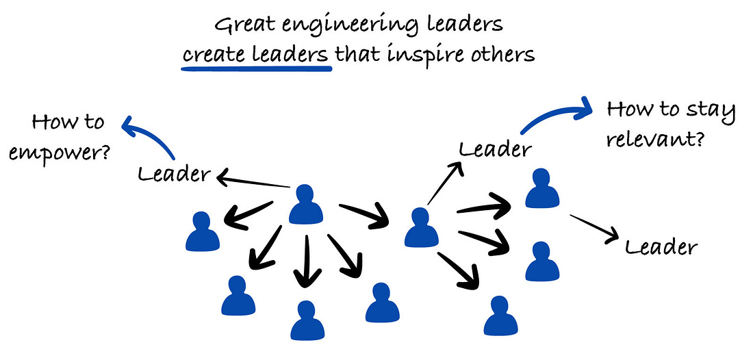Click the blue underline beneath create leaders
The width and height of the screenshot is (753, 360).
tap(257, 68)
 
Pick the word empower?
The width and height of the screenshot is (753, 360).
tap(61, 152)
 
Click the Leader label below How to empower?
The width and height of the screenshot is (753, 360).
tap(174, 174)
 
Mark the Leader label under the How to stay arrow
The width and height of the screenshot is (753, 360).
tap(494, 148)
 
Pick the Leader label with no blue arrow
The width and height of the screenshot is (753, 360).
tap(662, 246)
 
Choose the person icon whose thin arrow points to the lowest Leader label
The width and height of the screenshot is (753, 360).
tap(542, 189)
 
